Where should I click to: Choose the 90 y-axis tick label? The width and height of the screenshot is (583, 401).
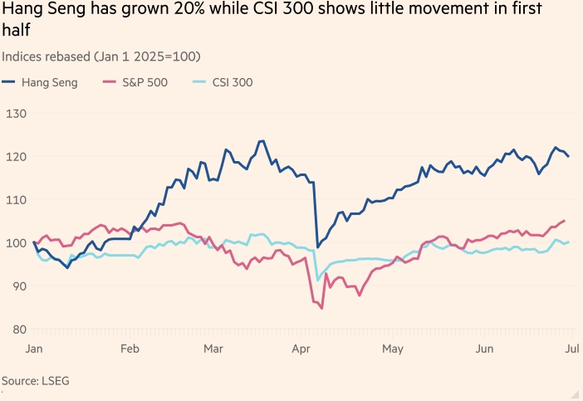[x=16, y=286]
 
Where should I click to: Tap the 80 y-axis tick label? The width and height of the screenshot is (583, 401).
[x=16, y=329]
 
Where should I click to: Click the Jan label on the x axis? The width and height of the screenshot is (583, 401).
[x=34, y=349]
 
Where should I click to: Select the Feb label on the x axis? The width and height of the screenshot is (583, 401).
[x=129, y=349]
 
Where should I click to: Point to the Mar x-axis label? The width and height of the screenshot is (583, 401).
[x=214, y=349]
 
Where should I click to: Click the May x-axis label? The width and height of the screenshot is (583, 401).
[x=393, y=349]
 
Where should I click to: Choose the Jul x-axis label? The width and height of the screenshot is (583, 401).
[x=571, y=349]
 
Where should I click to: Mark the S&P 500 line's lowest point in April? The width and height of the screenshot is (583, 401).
[x=321, y=308]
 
